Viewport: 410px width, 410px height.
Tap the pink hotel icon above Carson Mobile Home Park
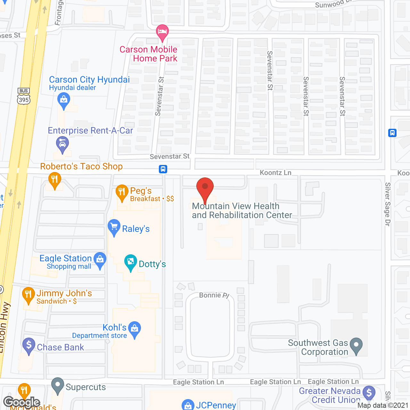(x=162, y=32)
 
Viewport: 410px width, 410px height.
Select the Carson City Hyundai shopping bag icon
(x=64, y=100)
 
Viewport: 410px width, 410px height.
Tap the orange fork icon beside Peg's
(x=122, y=192)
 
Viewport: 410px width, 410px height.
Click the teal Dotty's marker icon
(x=131, y=262)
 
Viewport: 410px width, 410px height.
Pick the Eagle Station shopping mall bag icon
(x=100, y=259)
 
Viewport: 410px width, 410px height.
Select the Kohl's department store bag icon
(x=135, y=328)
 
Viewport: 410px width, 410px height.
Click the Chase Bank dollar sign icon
(x=29, y=345)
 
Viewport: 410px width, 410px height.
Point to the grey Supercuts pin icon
(x=58, y=385)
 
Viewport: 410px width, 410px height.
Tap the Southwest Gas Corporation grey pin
(x=356, y=345)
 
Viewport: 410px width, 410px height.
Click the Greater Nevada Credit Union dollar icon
(x=369, y=392)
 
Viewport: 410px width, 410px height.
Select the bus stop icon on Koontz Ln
(x=163, y=169)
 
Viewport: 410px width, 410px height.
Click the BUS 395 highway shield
(x=24, y=96)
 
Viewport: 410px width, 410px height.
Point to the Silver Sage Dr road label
(x=388, y=204)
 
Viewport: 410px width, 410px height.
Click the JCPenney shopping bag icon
(x=188, y=405)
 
